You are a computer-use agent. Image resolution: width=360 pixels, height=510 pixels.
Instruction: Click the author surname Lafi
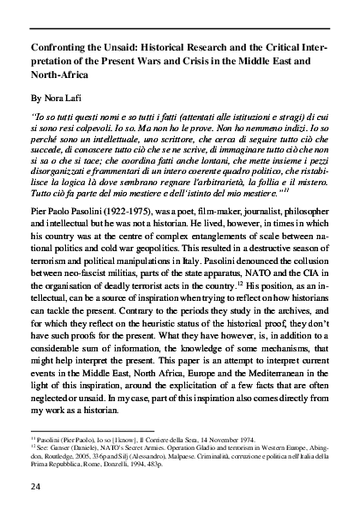click(x=75, y=98)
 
